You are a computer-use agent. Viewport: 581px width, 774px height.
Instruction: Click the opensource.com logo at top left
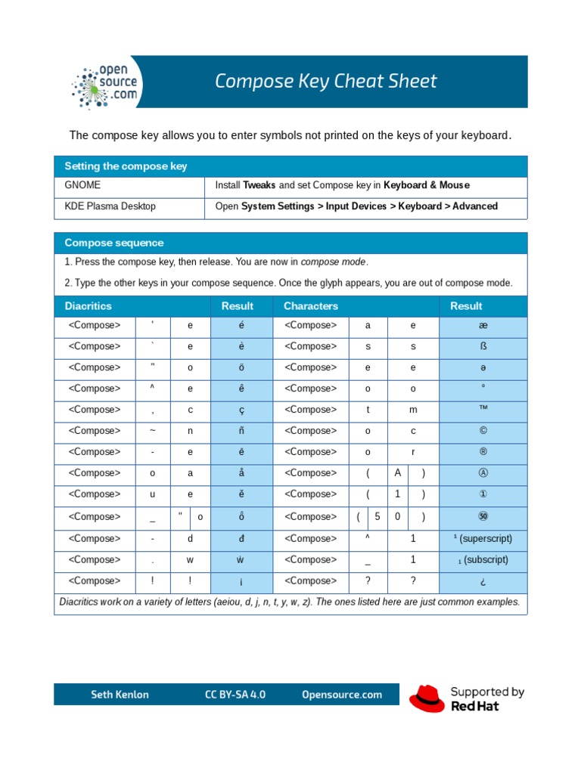point(105,82)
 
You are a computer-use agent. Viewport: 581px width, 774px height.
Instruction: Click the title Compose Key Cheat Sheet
point(325,82)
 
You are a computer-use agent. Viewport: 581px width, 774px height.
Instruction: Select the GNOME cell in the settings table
point(82,185)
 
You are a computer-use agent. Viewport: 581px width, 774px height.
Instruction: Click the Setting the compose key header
point(126,166)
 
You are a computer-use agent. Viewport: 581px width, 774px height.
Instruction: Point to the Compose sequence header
point(113,243)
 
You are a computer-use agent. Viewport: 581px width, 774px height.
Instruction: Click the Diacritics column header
point(88,306)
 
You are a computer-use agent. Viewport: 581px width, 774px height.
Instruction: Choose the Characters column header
point(311,306)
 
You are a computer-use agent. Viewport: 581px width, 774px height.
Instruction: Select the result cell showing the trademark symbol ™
point(483,410)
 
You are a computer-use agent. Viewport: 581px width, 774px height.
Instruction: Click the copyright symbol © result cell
point(483,431)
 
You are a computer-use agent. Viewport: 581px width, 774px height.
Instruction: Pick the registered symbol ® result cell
point(483,452)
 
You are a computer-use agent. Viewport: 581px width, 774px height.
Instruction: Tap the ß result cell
point(483,346)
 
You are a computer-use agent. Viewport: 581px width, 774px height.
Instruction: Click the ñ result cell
point(241,431)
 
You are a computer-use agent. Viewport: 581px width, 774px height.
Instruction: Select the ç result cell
point(241,410)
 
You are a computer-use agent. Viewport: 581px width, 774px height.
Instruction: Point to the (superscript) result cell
point(483,539)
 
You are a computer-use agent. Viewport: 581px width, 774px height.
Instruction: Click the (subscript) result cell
point(483,560)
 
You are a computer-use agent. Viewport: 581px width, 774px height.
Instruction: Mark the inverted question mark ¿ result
point(483,582)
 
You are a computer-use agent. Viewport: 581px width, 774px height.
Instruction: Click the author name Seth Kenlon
point(120,695)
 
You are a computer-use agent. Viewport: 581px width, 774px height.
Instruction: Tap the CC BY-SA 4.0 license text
point(235,695)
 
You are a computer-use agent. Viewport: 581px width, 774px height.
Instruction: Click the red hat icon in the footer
point(427,698)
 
